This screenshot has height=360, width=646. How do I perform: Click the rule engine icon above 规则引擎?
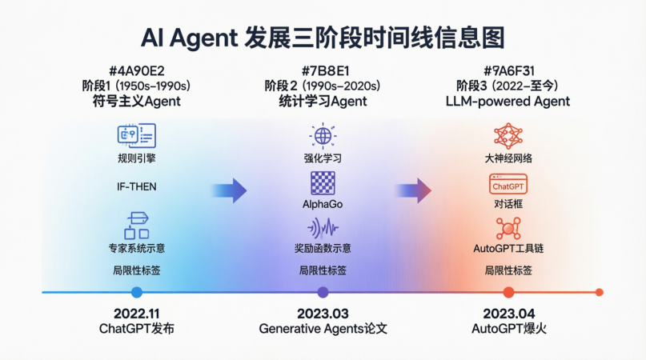click(136, 135)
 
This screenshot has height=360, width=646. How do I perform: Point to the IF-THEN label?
click(136, 187)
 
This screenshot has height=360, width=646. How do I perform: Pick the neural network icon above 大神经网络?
click(508, 135)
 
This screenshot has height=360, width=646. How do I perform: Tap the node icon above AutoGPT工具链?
click(508, 229)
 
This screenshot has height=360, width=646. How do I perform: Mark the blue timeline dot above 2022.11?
click(136, 293)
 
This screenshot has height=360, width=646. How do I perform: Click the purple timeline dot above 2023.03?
click(323, 293)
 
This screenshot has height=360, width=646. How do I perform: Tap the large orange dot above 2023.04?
click(508, 293)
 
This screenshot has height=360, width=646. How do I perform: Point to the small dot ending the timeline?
click(599, 293)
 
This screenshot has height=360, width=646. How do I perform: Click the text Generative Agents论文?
click(323, 329)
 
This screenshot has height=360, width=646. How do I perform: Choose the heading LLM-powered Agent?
click(508, 102)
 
